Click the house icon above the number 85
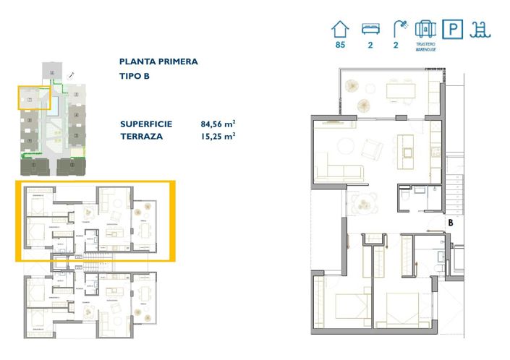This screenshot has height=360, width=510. (340, 30)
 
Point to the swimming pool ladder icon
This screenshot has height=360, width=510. (480, 30)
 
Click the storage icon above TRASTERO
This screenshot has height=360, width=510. (425, 29)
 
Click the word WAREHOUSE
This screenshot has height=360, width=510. (425, 51)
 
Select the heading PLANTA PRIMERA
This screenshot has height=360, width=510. (158, 62)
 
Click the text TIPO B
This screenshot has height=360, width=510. (135, 77)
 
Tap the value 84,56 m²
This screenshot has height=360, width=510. (218, 124)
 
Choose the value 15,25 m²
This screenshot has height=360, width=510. (218, 135)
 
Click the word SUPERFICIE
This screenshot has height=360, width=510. (146, 124)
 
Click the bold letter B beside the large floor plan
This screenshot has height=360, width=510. (450, 223)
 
